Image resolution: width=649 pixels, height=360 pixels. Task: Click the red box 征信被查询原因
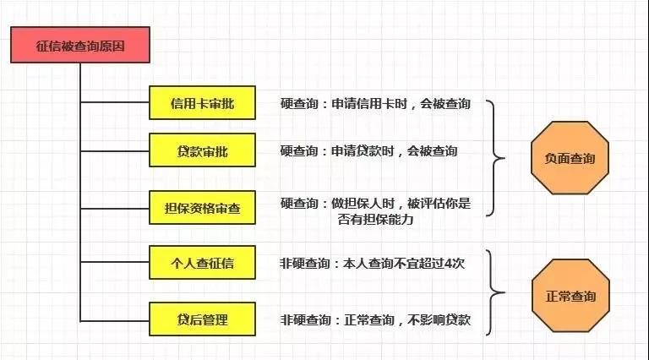coord(80,45)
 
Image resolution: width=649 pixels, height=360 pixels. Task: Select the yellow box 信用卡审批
coord(203,103)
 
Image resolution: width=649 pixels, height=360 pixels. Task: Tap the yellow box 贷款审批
coord(203,150)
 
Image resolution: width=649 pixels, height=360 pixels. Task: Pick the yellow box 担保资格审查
coord(203,208)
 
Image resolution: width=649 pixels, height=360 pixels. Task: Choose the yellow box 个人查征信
coord(203,263)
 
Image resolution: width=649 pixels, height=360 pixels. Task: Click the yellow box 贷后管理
coord(203,319)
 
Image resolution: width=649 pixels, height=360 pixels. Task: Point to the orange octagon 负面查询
coord(570,158)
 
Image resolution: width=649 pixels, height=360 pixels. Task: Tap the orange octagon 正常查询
coord(570,296)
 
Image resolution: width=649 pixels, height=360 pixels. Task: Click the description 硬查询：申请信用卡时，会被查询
coord(375,103)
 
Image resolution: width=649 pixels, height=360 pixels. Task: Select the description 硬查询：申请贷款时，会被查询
coord(368,151)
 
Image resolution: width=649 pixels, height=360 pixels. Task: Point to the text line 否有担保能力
coord(375,220)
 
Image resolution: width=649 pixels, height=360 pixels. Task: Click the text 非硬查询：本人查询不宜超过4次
coord(372,263)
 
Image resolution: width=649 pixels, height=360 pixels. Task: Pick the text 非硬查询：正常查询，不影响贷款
coord(375,320)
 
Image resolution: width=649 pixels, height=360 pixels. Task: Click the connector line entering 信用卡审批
coord(115,101)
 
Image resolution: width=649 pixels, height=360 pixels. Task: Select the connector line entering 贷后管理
coord(115,320)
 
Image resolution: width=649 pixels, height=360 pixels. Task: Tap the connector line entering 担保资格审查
coord(115,209)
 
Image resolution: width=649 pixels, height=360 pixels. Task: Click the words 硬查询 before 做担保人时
coord(299,204)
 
